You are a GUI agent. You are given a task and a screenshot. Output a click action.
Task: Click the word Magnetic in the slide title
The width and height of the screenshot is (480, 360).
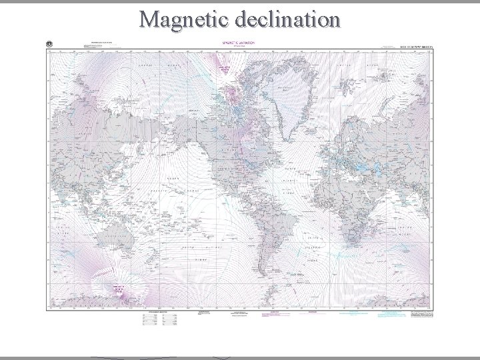[181, 19]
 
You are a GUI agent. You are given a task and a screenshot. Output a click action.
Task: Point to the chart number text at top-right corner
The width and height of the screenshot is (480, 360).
[416, 47]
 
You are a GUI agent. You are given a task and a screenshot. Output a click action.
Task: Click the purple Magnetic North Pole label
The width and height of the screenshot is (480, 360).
[225, 71]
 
